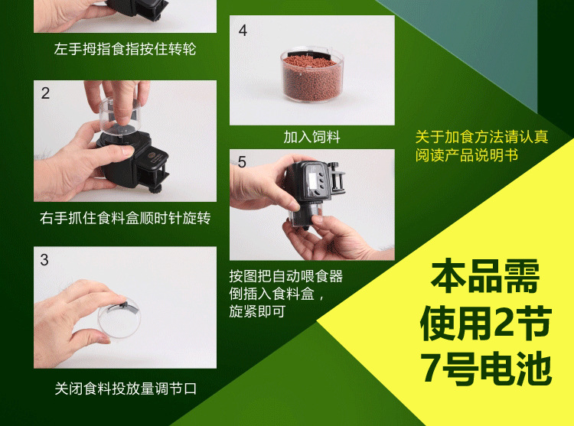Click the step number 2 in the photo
coord(45,93)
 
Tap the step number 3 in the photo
coord(44,260)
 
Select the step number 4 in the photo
coord(243,31)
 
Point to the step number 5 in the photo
coord(242,162)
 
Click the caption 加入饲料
coord(312,137)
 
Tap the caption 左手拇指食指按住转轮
coord(125,49)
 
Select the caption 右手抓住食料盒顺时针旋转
coord(126,218)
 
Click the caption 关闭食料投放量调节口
coord(126,389)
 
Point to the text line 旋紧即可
coord(257,311)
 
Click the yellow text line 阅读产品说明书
coord(467,155)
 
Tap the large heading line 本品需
coord(485,276)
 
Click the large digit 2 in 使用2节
coord(506,322)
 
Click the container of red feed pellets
coord(312,74)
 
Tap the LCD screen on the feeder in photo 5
coord(313,180)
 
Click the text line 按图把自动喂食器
coord(286,276)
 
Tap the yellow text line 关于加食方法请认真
coord(481,137)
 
